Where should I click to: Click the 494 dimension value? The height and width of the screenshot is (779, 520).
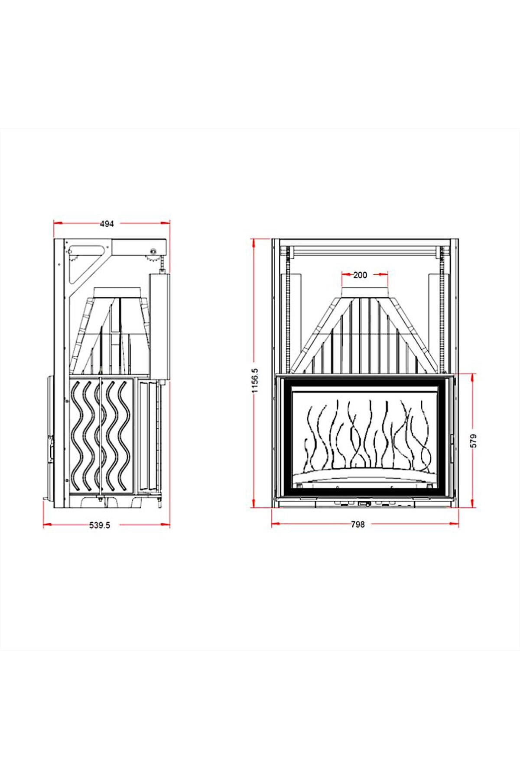(107, 224)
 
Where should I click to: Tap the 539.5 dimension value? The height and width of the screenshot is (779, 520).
(100, 525)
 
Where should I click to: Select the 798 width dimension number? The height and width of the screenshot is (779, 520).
(357, 525)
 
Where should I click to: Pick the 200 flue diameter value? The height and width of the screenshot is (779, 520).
(360, 275)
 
